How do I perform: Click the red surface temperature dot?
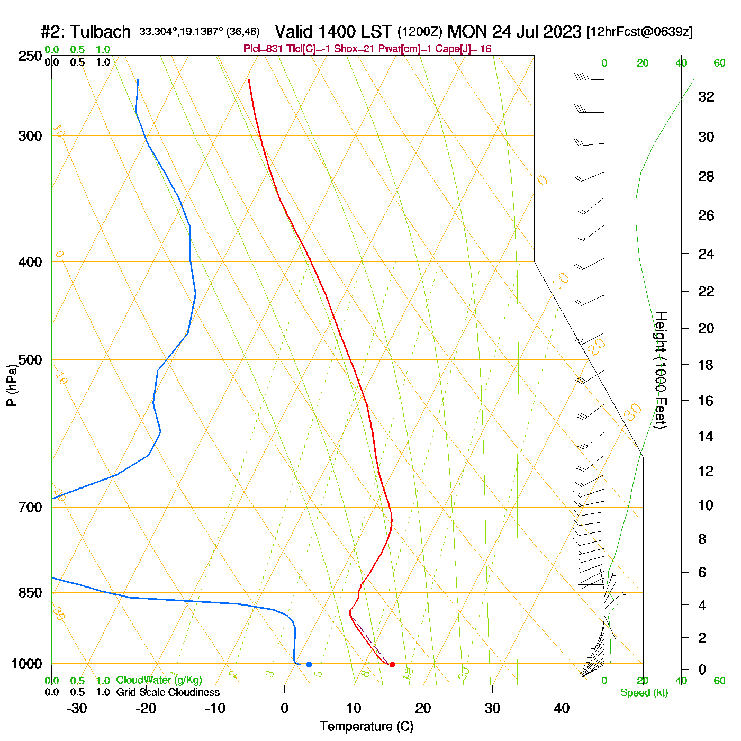392,664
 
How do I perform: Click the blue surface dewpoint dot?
309,664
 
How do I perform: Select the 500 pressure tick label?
30,360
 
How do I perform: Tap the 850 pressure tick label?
30,593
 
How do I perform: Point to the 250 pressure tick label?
30,56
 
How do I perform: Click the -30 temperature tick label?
77,708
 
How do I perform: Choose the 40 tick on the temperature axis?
562,708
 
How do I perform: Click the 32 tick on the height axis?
706,97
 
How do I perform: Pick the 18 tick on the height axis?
706,365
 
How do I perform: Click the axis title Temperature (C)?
366,727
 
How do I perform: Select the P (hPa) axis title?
12,385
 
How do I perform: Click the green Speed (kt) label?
644,693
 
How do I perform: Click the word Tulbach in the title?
100,32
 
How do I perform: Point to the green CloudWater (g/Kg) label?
159,680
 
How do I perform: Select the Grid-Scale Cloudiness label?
168,692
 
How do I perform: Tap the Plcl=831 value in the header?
263,49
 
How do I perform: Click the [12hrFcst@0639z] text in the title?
639,32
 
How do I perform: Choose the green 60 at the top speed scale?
719,64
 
